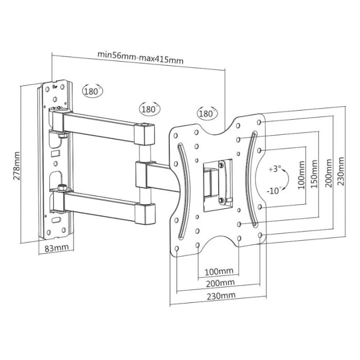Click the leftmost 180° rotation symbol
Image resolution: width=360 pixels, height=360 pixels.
pyautogui.click(x=92, y=91)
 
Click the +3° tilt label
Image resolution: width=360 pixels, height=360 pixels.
pyautogui.click(x=275, y=169)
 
